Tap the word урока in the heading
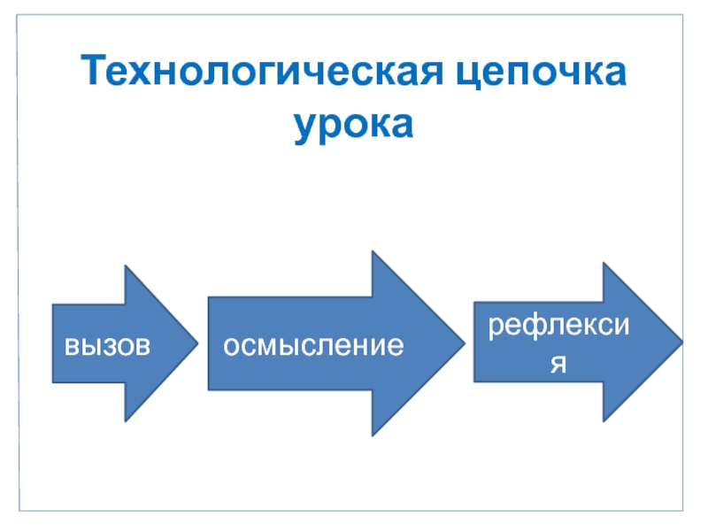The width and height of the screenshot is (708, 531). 354,124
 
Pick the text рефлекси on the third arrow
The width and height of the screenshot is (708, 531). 559,326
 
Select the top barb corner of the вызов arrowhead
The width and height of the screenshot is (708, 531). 125,265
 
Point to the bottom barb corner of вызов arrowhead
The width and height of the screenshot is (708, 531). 125,421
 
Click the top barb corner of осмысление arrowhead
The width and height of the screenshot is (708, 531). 373,251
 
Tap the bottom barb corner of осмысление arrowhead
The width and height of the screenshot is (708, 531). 373,435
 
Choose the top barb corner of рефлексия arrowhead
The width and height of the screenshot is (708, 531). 604,263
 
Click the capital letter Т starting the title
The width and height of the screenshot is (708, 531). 91,72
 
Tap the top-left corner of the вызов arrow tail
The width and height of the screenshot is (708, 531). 52,304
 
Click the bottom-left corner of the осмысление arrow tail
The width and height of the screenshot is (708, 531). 208,389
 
